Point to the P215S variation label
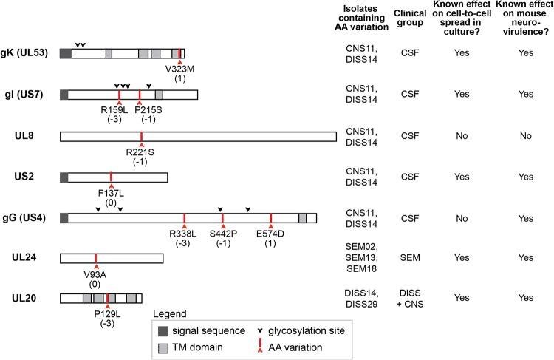pyautogui.click(x=139, y=110)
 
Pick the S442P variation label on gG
pyautogui.click(x=222, y=235)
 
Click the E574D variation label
pyautogui.click(x=270, y=235)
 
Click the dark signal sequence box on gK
pyautogui.click(x=65, y=53)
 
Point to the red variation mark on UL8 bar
pyautogui.click(x=141, y=136)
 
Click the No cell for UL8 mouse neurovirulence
pyautogui.click(x=524, y=136)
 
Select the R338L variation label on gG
pyautogui.click(x=184, y=235)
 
